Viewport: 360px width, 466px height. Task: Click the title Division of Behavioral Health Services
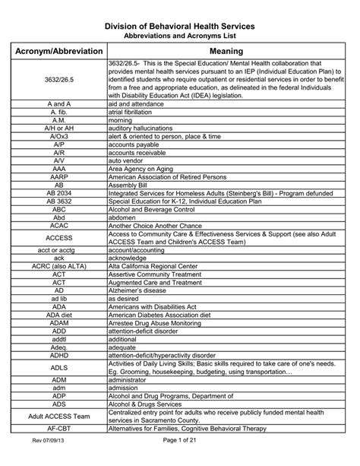click(x=179, y=27)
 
